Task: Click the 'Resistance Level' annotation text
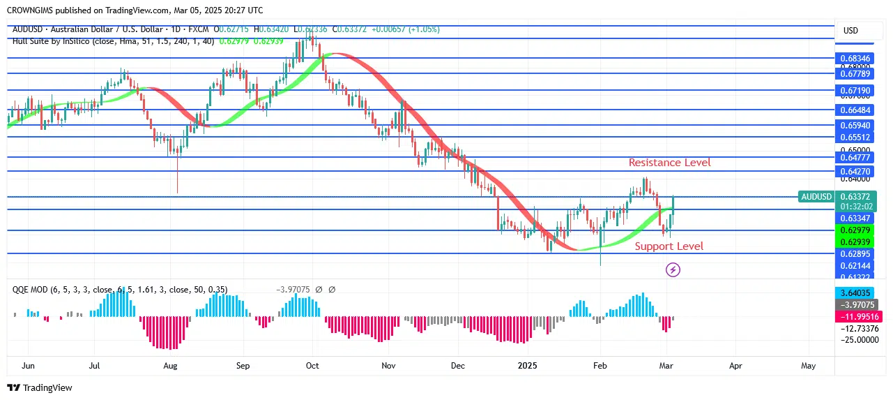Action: click(x=669, y=163)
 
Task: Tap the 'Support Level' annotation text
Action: click(x=669, y=246)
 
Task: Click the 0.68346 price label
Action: click(x=855, y=59)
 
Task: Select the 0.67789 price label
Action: click(x=855, y=73)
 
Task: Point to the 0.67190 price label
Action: click(x=855, y=91)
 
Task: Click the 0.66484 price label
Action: click(x=855, y=110)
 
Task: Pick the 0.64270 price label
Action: click(x=855, y=172)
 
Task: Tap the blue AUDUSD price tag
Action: click(x=816, y=197)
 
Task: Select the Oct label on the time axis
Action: click(x=312, y=365)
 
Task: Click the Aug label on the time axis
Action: click(x=171, y=365)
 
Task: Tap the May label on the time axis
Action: click(x=808, y=365)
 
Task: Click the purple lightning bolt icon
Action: click(x=673, y=269)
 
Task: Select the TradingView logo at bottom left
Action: click(x=40, y=387)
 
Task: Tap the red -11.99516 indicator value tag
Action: click(x=855, y=316)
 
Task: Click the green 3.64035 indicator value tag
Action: click(x=855, y=293)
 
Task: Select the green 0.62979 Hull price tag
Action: click(x=855, y=231)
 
